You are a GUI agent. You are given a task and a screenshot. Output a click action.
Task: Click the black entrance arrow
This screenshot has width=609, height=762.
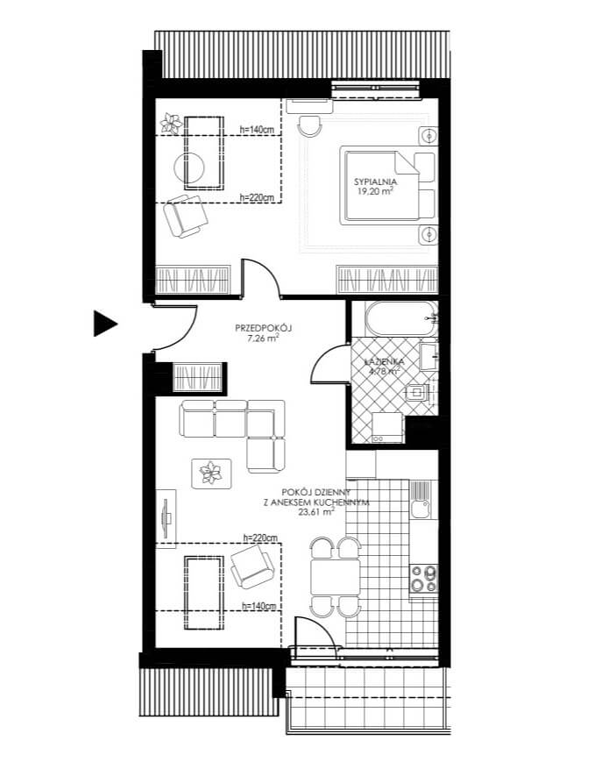click(x=104, y=324)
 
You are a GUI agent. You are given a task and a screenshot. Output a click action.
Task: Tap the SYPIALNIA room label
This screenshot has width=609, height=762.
click(x=375, y=182)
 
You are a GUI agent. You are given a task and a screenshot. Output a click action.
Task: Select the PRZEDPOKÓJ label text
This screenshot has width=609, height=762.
click(x=263, y=328)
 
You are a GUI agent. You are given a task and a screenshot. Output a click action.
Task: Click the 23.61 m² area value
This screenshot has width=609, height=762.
click(x=316, y=511)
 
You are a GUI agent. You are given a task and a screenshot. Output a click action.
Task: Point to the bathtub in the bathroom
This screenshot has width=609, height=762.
click(x=401, y=318)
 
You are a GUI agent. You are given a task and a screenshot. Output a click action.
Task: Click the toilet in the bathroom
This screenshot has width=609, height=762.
click(x=417, y=392)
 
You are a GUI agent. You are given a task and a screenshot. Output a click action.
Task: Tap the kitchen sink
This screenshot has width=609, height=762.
click(x=421, y=509)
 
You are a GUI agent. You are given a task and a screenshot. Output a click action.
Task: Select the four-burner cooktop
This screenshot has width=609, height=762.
click(x=424, y=580)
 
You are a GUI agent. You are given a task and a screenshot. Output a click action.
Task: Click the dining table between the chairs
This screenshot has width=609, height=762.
click(x=335, y=577)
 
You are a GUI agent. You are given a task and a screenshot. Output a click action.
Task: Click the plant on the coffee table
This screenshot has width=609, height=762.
click(x=211, y=473)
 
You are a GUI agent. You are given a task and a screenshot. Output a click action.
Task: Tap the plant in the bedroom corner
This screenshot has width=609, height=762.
click(x=171, y=123)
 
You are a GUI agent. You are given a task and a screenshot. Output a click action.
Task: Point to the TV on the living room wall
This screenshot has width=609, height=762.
click(x=166, y=518)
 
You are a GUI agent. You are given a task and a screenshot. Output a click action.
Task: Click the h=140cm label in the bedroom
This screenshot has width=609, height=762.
click(x=257, y=130)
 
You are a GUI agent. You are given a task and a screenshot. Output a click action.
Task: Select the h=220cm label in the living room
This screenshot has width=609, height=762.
click(x=260, y=538)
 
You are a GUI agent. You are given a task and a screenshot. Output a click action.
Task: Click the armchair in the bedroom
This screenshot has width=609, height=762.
click(x=186, y=216)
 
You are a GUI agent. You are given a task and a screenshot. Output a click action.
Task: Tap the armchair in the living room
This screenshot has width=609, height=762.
click(x=253, y=566)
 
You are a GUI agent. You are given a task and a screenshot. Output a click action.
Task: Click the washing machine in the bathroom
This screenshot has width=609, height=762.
click(x=387, y=428)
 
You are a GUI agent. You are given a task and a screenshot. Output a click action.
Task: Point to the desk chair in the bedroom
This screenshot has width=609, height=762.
click(x=310, y=126)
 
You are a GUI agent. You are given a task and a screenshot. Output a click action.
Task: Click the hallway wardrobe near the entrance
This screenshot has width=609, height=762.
click(x=200, y=377)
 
